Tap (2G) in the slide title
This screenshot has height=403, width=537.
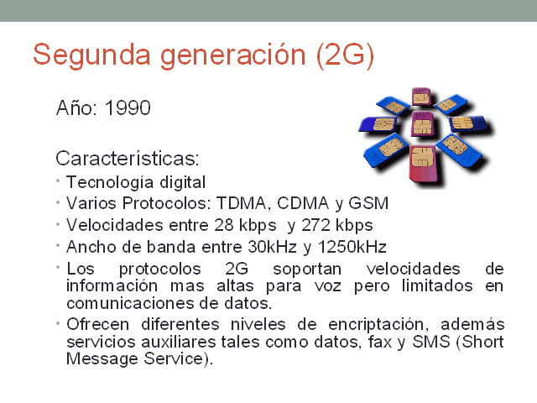(346, 55)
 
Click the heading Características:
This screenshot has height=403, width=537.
(128, 158)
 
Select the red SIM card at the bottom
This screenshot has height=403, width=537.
(425, 161)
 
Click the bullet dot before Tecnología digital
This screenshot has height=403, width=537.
(58, 181)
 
